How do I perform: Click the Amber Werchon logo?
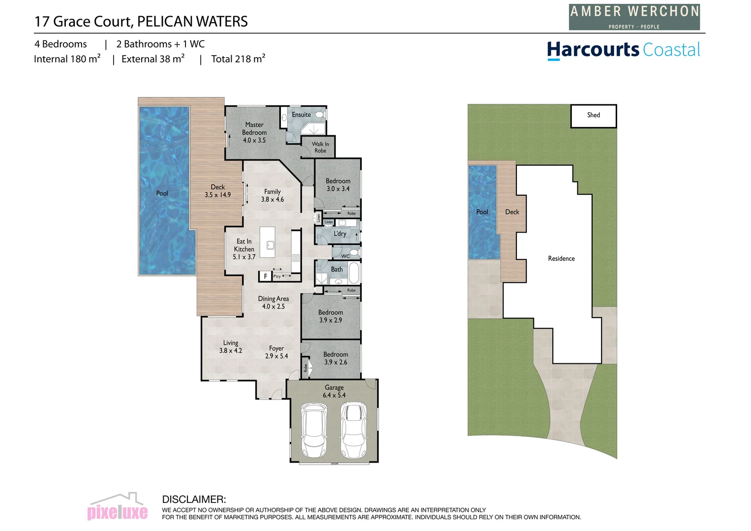[634, 17]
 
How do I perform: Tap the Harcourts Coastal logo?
[623, 50]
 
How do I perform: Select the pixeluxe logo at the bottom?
[117, 508]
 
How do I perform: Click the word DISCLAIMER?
[194, 500]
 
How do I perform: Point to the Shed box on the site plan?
[593, 116]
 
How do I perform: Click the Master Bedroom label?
[254, 133]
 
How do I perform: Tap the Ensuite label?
[301, 115]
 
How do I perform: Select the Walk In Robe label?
[320, 147]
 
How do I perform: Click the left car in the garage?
[314, 430]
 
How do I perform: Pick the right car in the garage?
[354, 430]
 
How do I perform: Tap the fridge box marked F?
[265, 276]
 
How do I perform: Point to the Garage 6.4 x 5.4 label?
[334, 391]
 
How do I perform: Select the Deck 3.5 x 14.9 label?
[217, 191]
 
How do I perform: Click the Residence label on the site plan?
[561, 259]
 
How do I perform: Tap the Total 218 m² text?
[238, 59]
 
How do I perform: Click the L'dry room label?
[340, 234]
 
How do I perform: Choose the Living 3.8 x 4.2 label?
[230, 347]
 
